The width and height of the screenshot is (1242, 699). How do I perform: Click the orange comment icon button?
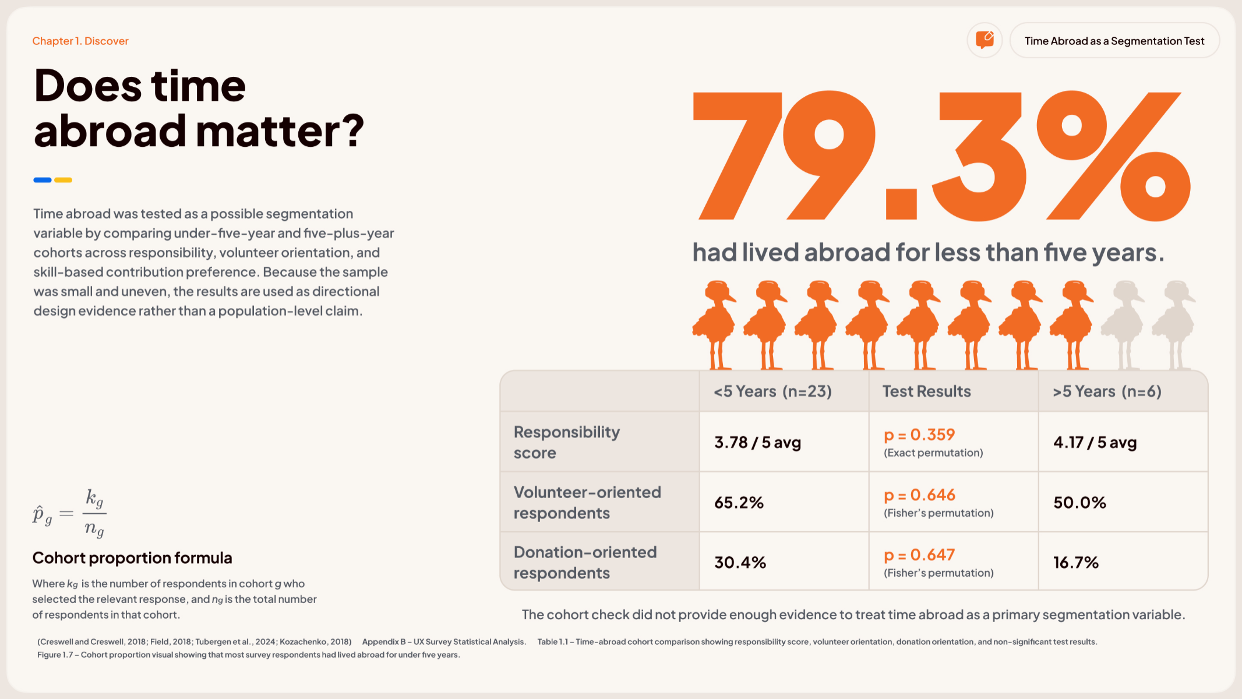point(985,40)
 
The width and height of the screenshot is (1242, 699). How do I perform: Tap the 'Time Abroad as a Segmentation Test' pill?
point(1114,41)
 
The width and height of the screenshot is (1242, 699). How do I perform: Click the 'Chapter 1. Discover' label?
point(80,41)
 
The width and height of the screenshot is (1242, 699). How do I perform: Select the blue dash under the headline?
point(43,180)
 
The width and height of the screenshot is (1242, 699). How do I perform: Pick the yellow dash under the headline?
point(63,180)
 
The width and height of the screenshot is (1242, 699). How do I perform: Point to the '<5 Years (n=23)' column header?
point(773,391)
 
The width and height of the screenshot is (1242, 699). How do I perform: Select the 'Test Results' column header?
point(926,391)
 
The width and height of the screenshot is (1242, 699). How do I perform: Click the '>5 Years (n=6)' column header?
point(1107,391)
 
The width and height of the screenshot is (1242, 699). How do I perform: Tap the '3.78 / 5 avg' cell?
point(758,443)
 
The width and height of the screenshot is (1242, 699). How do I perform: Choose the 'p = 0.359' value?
point(919,435)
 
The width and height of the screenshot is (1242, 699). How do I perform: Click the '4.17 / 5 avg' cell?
point(1095,443)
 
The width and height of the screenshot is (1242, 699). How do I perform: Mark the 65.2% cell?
point(739,503)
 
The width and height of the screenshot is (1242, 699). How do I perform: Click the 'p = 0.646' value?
point(919,495)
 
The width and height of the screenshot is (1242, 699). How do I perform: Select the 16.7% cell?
point(1076,563)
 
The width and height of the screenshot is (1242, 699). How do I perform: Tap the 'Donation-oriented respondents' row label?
point(585,563)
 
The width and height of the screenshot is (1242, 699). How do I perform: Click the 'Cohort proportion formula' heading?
point(132,558)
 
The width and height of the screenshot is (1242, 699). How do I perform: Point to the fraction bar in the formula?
point(94,513)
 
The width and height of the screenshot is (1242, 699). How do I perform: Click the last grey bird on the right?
point(1173,325)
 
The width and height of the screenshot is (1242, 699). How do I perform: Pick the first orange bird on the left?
point(714,325)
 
